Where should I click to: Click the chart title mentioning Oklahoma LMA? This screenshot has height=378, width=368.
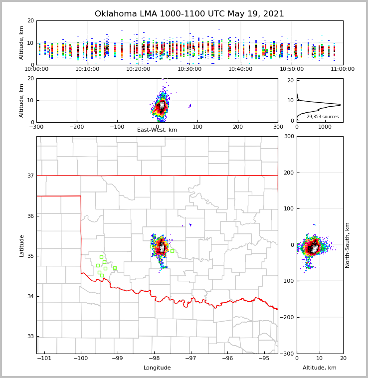coord(189,14)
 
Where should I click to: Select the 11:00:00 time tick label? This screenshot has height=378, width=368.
coord(343,69)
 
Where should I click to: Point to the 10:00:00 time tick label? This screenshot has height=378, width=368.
coord(36,69)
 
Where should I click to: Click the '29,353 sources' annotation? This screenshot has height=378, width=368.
coord(323,117)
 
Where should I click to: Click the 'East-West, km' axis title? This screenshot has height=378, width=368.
coord(157,130)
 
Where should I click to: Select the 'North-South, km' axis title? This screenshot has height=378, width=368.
coord(348,245)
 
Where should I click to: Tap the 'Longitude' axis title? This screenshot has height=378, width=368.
coord(157,368)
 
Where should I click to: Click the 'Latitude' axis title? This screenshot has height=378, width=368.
coord(22,245)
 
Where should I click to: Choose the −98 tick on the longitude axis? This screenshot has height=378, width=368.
coord(154,358)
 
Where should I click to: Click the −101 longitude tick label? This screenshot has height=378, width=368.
coord(44,358)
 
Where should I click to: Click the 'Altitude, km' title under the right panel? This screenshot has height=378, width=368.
coord(320,368)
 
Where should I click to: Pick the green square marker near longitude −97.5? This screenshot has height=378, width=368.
coord(172,251)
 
